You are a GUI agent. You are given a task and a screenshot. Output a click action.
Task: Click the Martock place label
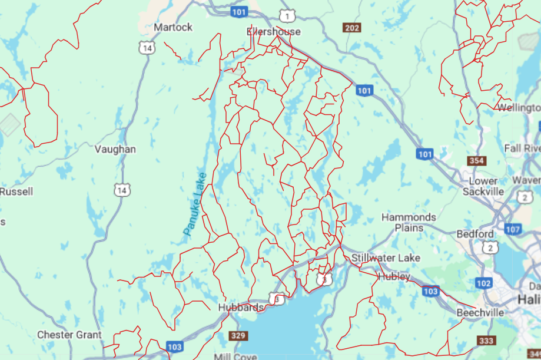(x=172, y=27)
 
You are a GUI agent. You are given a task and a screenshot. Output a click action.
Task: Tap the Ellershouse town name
(x=274, y=32)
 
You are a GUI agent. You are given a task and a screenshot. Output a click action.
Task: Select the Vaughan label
(x=115, y=149)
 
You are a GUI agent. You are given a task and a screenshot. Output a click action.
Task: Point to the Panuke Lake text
(x=195, y=203)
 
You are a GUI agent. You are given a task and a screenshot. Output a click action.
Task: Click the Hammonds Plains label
(x=409, y=222)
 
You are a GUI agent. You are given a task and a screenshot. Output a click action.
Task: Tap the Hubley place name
(x=394, y=276)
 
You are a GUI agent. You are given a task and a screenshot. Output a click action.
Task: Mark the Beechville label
(x=481, y=313)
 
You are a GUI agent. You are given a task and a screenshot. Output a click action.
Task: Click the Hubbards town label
(x=241, y=308)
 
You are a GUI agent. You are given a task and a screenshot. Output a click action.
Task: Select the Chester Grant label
(x=69, y=335)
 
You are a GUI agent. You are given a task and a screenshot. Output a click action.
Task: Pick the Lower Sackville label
(x=483, y=186)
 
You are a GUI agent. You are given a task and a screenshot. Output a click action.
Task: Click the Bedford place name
(x=475, y=234)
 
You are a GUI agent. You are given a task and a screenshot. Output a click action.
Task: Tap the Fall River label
(x=522, y=148)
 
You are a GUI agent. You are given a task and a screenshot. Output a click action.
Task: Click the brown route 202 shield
(x=351, y=28)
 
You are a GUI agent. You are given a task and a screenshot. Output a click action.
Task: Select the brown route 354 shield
(x=477, y=160)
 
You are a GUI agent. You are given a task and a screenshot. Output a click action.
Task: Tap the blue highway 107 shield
(x=513, y=229)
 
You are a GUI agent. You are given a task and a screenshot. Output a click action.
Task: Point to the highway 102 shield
(x=483, y=283)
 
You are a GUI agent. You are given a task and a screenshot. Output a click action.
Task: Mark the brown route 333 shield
(x=487, y=341)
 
